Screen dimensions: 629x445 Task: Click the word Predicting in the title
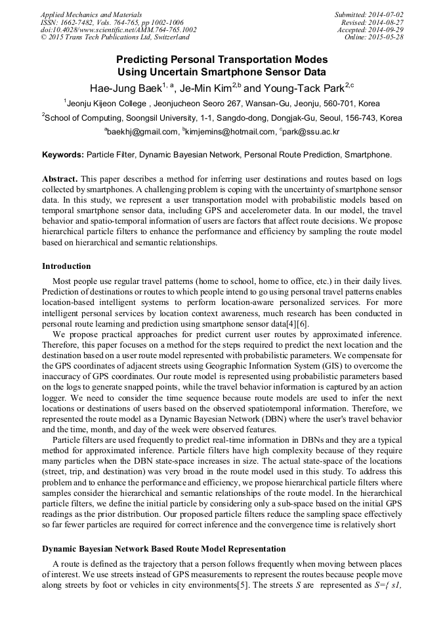[153, 60]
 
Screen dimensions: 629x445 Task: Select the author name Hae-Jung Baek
[125, 87]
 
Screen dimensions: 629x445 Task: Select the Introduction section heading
[66, 266]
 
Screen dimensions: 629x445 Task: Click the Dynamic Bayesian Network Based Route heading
[163, 548]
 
